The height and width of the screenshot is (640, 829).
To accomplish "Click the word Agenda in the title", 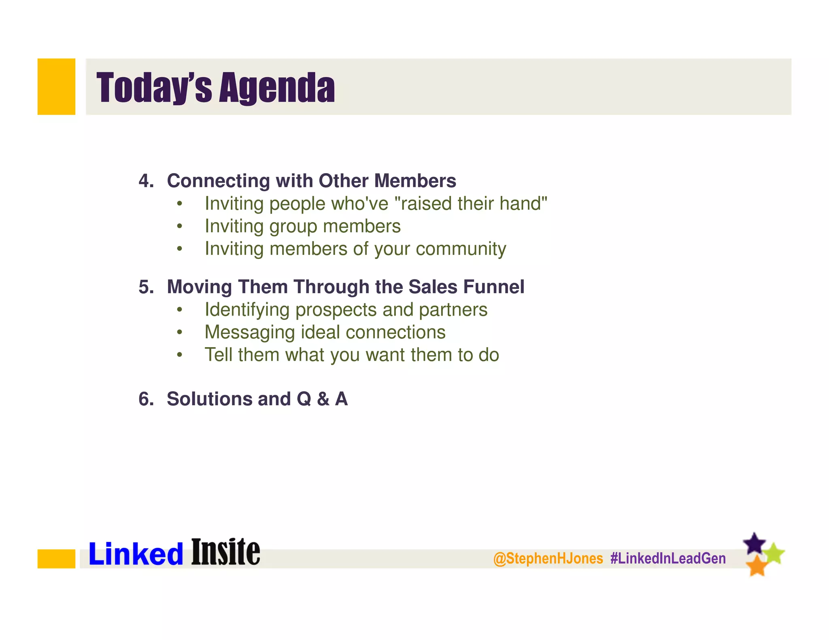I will pos(277,88).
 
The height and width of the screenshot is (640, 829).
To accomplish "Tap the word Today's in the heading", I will pos(154,88).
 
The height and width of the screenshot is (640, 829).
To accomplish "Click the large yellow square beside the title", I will pos(56,87).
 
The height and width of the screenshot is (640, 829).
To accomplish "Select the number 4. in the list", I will pos(146,181).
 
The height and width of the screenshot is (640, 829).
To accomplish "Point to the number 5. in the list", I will pos(146,287).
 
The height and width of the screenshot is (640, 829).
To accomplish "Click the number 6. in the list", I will pos(146,399).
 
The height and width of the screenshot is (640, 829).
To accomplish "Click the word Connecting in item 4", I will pos(218,181).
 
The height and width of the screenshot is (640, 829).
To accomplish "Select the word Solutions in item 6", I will pos(209,399).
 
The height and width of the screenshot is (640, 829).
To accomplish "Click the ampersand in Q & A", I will pos(323,399).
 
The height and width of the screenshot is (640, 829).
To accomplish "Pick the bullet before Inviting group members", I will pos(180,226).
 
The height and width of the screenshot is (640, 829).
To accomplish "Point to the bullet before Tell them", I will pos(180,355).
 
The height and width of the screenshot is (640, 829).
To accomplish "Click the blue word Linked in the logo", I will pos(136,554).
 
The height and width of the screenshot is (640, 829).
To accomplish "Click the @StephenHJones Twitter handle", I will pos(548,559).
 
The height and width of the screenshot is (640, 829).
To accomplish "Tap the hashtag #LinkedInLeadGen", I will pos(668,559).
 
